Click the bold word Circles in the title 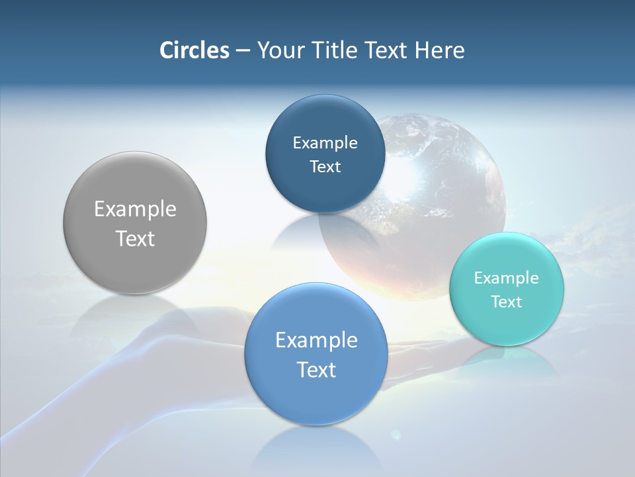194,50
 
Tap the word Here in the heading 440,50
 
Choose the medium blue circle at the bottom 316,397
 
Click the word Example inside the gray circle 135,209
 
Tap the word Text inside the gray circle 135,238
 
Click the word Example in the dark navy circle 325,142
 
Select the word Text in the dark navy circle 325,166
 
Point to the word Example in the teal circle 507,278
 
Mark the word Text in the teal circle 507,301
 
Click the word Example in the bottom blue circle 316,340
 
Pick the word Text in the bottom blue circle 316,370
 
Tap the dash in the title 243,50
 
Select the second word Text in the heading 388,50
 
